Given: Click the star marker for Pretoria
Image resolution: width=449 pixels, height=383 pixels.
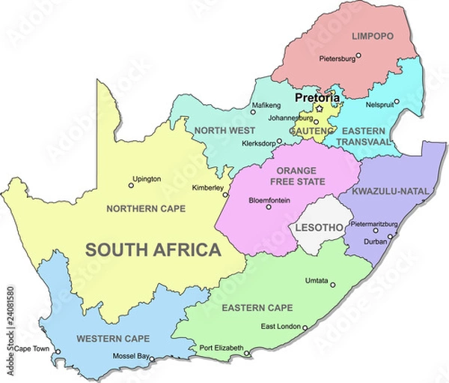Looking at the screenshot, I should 320,108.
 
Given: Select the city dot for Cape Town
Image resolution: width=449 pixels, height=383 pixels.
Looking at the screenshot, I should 58,351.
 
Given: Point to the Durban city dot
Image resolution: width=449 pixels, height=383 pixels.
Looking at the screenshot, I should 389,235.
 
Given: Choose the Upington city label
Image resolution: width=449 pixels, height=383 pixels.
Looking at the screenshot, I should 146,179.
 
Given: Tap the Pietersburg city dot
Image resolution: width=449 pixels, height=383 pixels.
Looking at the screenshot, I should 358,55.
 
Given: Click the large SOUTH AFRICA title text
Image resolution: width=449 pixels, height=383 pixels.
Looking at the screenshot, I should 152,250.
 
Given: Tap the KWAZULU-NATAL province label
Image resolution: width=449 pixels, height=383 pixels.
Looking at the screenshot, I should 393,191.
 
